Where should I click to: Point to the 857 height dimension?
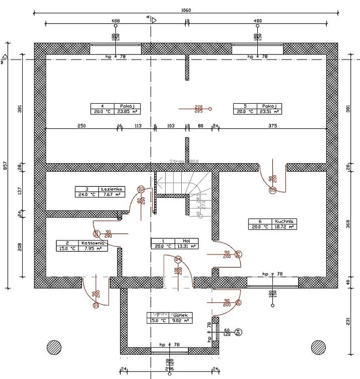[x=5, y=168]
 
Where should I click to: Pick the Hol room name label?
[x=186, y=241]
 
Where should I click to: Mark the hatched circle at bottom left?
[x=54, y=347]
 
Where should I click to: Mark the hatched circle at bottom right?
[x=318, y=347]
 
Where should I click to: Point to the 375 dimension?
[x=272, y=125]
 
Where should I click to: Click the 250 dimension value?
[x=81, y=125]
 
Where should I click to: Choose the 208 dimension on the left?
[x=20, y=247]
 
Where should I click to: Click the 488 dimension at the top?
[x=115, y=21]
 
